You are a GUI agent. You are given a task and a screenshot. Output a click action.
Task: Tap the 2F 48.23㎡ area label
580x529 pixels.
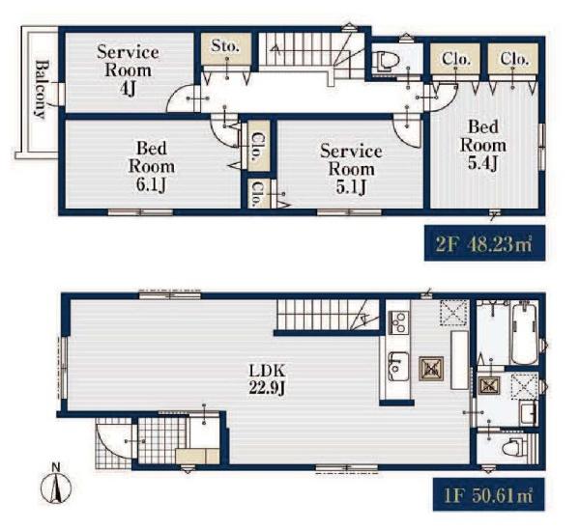pyautogui.click(x=484, y=243)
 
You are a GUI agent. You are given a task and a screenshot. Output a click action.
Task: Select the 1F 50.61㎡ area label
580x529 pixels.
pyautogui.click(x=488, y=494)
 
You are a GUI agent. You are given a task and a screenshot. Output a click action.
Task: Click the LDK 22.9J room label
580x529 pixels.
pyautogui.click(x=267, y=378)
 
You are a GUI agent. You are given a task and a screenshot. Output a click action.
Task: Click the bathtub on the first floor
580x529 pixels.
pyautogui.click(x=524, y=333)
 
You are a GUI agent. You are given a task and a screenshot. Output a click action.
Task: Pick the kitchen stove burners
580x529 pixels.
pyautogui.click(x=399, y=322)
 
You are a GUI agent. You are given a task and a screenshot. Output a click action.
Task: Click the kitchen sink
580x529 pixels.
pyautogui.click(x=398, y=367)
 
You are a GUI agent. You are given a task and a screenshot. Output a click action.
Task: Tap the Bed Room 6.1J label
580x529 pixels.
pyautogui.click(x=152, y=167)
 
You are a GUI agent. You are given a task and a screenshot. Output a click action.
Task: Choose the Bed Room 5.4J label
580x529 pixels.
pyautogui.click(x=483, y=145)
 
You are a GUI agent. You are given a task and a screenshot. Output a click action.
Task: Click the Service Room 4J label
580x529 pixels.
pyautogui.click(x=128, y=70)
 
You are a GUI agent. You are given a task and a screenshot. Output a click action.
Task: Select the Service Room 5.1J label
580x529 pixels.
pyautogui.click(x=351, y=169)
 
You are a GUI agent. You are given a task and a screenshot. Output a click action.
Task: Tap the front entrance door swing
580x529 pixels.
pyautogui.click(x=112, y=442)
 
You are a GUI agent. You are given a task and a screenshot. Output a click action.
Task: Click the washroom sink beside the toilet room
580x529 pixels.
pyautogui.click(x=528, y=414)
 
